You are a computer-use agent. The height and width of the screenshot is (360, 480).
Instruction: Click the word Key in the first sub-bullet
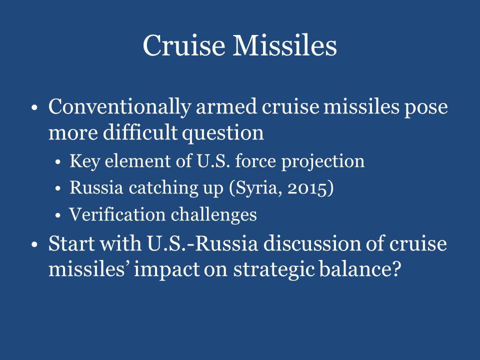click(x=82, y=161)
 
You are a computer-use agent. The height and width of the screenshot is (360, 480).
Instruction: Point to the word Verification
click(x=117, y=214)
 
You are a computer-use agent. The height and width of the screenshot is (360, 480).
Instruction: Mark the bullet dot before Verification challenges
click(x=58, y=215)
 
